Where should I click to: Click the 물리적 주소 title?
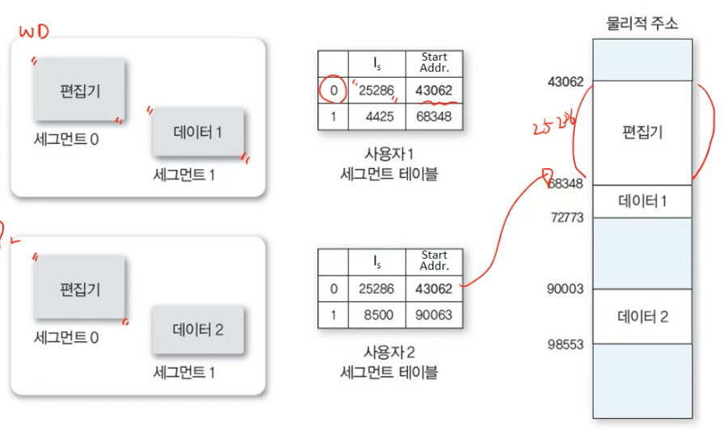[x=642, y=23]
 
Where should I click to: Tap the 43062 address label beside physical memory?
[x=566, y=82]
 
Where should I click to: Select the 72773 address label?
[x=566, y=218]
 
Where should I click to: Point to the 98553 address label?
[x=566, y=345]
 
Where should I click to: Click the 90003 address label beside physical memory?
[x=566, y=289]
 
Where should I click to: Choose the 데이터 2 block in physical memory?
[x=642, y=317]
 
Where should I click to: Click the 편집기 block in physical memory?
[x=642, y=133]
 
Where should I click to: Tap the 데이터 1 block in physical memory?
[x=642, y=200]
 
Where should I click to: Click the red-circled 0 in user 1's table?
[x=333, y=91]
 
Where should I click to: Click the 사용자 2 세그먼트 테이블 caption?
[x=389, y=362]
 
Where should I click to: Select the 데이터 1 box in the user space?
[x=198, y=133]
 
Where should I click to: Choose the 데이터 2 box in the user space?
[x=198, y=330]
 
